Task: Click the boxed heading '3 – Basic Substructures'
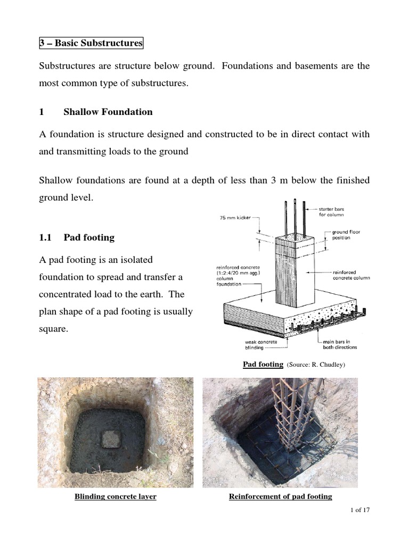[91, 43]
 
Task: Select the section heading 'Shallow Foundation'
[108, 112]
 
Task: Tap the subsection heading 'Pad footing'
[89, 237]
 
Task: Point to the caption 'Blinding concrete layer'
[115, 497]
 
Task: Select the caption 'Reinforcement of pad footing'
[280, 497]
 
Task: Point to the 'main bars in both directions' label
[340, 344]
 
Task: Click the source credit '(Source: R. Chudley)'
[317, 365]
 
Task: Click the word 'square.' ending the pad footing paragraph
[54, 328]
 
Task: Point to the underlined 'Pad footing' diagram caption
[263, 364]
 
